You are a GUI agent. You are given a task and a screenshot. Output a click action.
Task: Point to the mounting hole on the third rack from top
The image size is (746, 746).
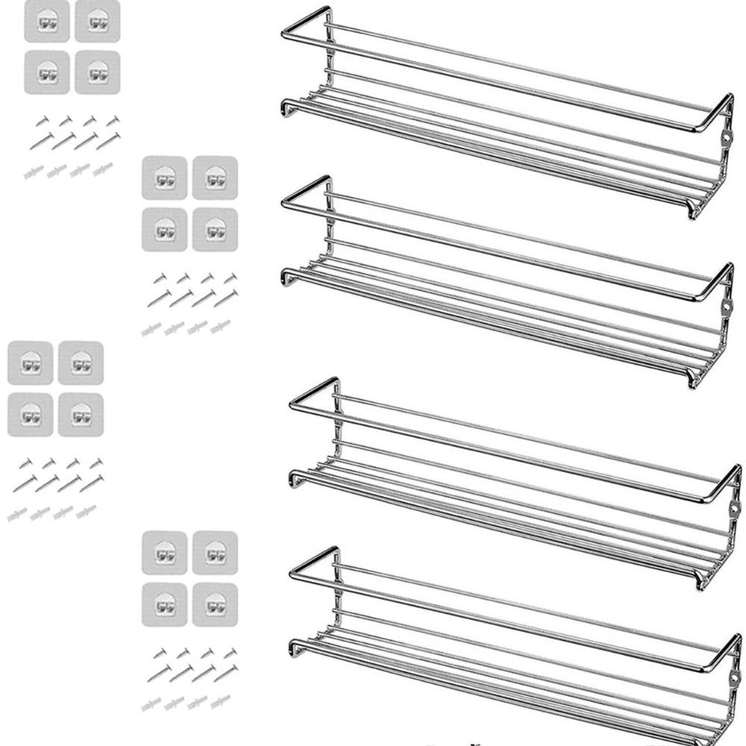click(734, 510)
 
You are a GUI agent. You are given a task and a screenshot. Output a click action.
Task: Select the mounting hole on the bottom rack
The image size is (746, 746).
click(734, 679)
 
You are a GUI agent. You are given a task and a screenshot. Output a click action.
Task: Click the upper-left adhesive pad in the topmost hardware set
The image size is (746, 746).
click(46, 21)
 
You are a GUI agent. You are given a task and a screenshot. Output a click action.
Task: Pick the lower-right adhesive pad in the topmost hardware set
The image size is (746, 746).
click(97, 72)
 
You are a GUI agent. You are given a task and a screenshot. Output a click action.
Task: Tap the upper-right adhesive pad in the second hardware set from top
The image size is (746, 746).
click(215, 178)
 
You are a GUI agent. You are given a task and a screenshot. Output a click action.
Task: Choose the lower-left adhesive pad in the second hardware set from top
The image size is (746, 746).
click(164, 229)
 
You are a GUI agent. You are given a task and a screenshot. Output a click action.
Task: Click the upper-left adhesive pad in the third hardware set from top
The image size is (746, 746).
click(30, 363)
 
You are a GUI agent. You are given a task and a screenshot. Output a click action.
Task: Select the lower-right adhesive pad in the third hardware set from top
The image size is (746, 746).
click(81, 414)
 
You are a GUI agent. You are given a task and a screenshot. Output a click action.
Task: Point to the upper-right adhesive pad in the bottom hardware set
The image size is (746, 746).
click(215, 552)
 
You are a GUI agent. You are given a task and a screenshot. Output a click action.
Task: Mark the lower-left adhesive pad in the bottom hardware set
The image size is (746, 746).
click(164, 604)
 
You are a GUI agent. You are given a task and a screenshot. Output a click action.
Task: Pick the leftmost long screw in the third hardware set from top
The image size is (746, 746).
click(25, 483)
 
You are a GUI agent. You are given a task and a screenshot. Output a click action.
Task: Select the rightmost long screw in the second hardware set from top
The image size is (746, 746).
click(226, 298)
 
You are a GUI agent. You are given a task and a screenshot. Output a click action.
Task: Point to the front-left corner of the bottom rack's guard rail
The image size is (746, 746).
click(292, 574)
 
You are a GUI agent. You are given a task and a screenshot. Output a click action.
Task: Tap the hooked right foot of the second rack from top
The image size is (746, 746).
click(695, 380)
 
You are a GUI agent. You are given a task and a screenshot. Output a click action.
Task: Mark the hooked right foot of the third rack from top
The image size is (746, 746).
click(701, 583)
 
